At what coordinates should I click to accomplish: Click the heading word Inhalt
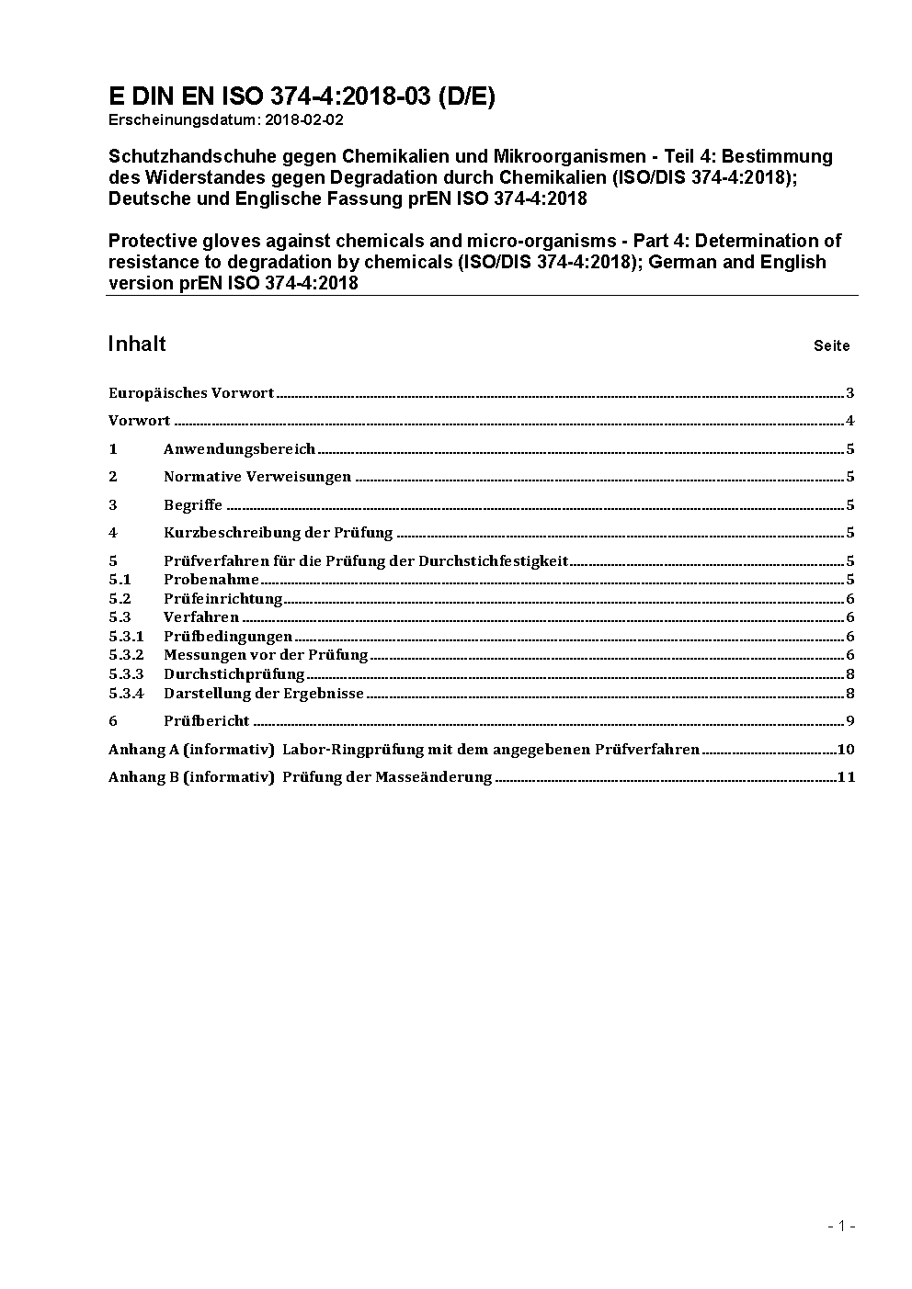(x=137, y=344)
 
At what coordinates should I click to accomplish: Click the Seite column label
(x=831, y=346)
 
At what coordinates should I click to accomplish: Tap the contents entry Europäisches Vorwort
(x=191, y=393)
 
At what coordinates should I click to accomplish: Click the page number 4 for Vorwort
(x=850, y=421)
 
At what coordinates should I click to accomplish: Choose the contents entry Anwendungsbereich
(x=239, y=449)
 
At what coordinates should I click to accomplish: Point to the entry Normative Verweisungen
(x=257, y=477)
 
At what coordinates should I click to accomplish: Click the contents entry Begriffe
(x=193, y=505)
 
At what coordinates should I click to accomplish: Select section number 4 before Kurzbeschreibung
(x=113, y=533)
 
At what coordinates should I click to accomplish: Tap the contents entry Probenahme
(x=211, y=580)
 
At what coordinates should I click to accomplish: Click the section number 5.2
(x=120, y=599)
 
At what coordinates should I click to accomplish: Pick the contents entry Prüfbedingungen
(x=228, y=637)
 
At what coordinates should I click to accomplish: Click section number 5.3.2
(x=126, y=655)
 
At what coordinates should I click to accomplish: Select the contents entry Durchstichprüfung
(x=234, y=674)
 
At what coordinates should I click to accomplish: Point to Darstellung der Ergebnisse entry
(x=264, y=694)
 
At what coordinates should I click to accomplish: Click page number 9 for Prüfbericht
(x=850, y=721)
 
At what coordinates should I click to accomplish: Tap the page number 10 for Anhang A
(x=846, y=749)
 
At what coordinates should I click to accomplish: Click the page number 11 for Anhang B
(x=846, y=777)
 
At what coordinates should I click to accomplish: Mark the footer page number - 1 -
(x=841, y=1226)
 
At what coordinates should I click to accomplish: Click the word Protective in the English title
(x=150, y=241)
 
